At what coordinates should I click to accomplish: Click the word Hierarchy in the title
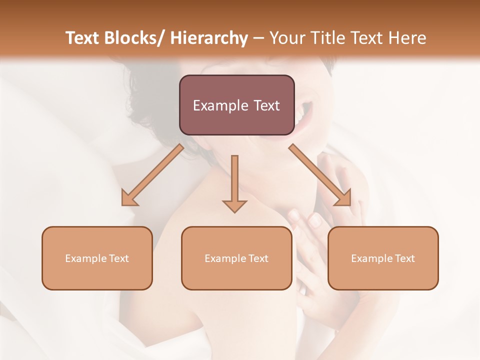tap(209, 38)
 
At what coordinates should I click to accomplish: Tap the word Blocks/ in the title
tap(136, 38)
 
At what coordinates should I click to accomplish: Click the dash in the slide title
tap(258, 38)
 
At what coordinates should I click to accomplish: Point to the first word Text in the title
tap(82, 38)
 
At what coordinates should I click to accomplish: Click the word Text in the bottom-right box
tap(404, 258)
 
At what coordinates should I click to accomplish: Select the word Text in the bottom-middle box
tap(258, 258)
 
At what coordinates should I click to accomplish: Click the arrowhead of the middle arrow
tap(234, 206)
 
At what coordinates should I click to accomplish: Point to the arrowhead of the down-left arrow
tap(128, 198)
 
